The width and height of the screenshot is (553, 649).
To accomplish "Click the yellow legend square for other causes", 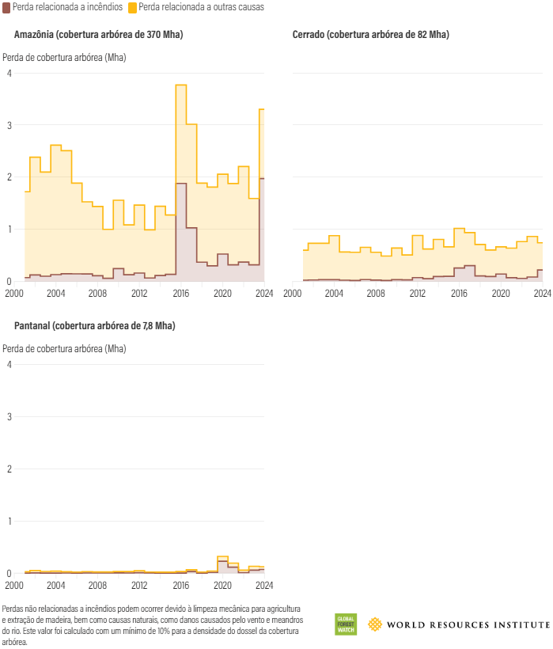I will [x=132, y=7].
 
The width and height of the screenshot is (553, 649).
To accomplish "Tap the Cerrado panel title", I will [x=370, y=35].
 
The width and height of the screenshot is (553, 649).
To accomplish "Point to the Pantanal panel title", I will [x=95, y=326].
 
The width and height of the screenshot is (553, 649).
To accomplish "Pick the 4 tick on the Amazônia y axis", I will [x=9, y=74].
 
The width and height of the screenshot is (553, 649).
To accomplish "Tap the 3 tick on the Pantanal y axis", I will [x=9, y=417].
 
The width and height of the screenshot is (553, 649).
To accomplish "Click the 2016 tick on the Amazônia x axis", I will [x=181, y=294].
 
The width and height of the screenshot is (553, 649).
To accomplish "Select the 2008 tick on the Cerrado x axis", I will [x=376, y=294].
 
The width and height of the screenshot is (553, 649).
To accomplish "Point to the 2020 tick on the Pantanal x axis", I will [x=222, y=586].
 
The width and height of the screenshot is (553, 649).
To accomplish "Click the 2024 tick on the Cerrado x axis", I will [x=542, y=294].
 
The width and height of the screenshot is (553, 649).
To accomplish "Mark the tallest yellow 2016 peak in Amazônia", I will [x=180, y=85].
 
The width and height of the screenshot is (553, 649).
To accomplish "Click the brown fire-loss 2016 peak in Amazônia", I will [x=180, y=184].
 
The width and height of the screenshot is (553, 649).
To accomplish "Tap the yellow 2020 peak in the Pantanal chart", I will [x=222, y=556].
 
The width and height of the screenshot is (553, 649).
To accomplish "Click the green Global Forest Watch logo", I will [x=346, y=624].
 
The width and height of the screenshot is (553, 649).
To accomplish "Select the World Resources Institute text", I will [x=468, y=625].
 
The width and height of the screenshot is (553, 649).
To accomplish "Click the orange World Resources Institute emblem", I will [x=374, y=624].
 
